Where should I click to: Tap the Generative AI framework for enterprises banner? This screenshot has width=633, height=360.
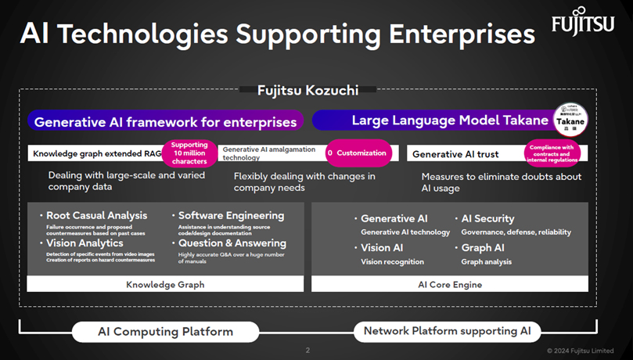(x=166, y=121)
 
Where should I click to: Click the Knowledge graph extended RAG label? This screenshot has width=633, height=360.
(x=97, y=154)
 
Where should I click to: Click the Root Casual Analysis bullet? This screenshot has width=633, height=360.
(x=96, y=215)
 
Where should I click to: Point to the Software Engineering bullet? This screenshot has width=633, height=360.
(x=231, y=215)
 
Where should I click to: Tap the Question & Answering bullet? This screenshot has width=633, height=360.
(x=232, y=243)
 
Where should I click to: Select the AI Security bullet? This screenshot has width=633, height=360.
(x=487, y=219)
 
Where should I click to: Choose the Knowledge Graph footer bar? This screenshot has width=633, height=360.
(x=165, y=285)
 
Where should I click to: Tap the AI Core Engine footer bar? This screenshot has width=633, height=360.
(x=450, y=285)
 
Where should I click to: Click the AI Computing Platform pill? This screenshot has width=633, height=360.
(x=165, y=331)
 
